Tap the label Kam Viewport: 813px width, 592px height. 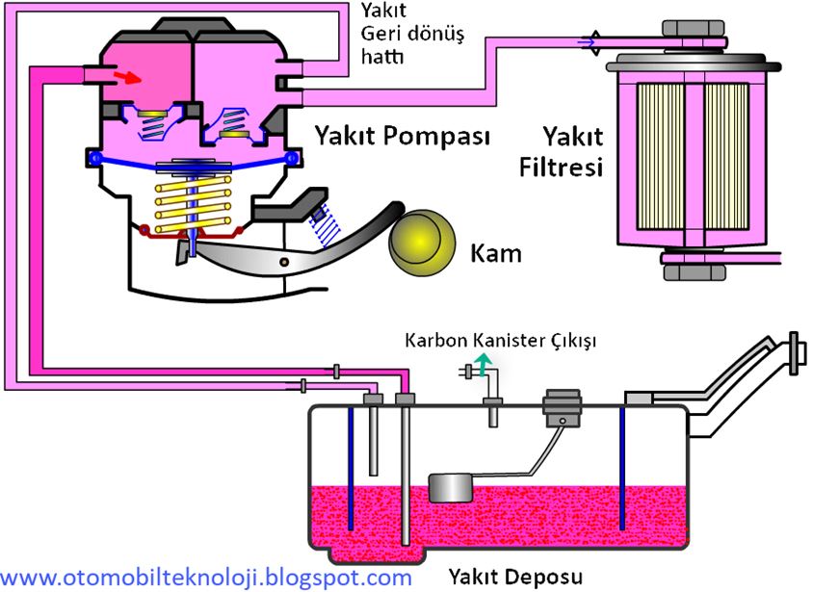(495, 254)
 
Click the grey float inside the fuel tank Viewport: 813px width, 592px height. (451, 487)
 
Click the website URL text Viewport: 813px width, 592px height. (206, 578)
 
